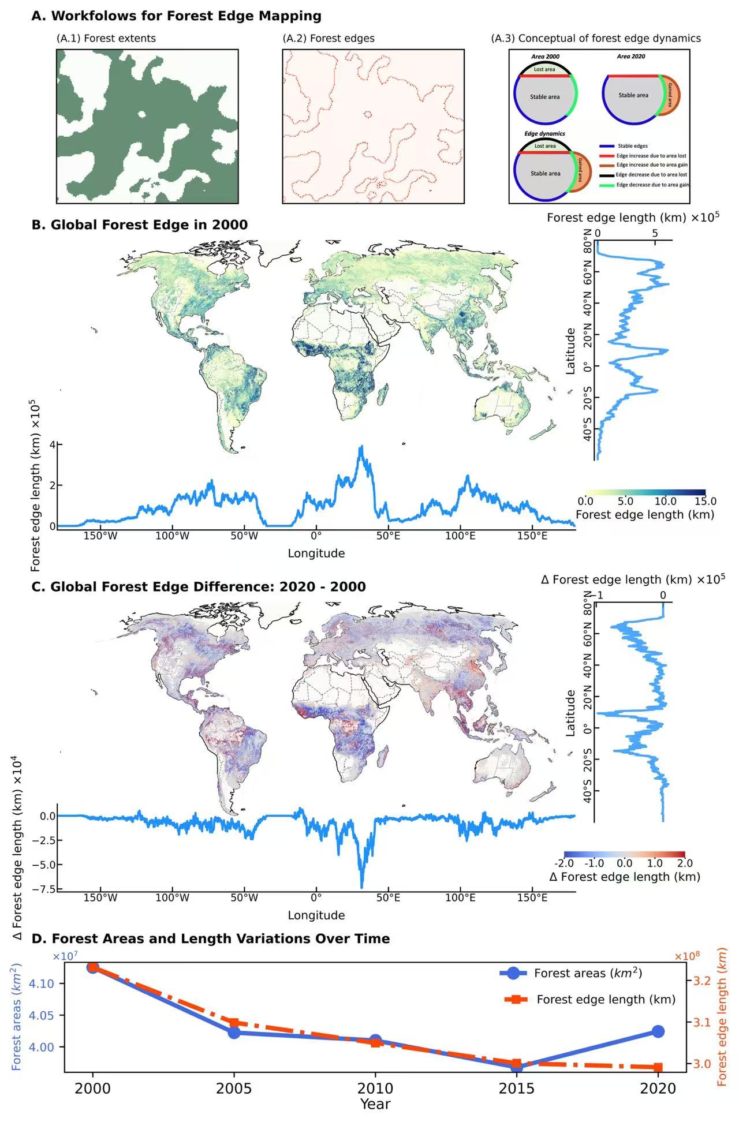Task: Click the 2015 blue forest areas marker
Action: [x=517, y=1066]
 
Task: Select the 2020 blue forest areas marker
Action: [x=658, y=1031]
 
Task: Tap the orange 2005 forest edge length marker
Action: [x=234, y=1023]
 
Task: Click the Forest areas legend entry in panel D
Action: [x=588, y=973]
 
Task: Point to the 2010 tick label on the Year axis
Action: [x=375, y=1089]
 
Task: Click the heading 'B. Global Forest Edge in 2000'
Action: [x=140, y=225]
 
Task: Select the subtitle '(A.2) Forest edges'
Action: [x=328, y=38]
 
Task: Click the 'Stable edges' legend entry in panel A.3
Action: [x=632, y=146]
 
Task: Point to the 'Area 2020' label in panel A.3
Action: [x=631, y=57]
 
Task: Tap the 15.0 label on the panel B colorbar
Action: [x=705, y=500]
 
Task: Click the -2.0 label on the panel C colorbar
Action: [x=564, y=863]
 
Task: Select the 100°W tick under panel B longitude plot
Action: [x=172, y=536]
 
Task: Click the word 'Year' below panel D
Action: [x=375, y=1104]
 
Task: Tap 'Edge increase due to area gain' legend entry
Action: [x=652, y=165]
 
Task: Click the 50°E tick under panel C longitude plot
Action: [x=388, y=897]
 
